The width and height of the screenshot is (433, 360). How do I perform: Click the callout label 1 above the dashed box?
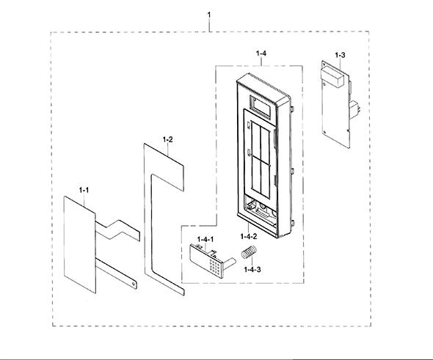pyautogui.click(x=208, y=15)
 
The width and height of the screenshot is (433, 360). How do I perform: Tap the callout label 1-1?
pyautogui.click(x=84, y=190)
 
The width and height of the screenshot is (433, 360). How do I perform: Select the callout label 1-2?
pyautogui.click(x=167, y=139)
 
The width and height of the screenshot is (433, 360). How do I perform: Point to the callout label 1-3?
pyautogui.click(x=340, y=55)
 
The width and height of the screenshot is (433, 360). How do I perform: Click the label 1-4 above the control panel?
pyautogui.click(x=261, y=54)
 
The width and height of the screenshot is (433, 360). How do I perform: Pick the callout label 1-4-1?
pyautogui.click(x=205, y=239)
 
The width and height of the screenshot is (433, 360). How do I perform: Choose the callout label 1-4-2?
pyautogui.click(x=249, y=236)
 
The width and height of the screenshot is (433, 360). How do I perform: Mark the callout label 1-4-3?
pyautogui.click(x=252, y=269)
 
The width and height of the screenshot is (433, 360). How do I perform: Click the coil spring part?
pyautogui.click(x=249, y=251)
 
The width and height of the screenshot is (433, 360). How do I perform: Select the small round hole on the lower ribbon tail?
pyautogui.click(x=134, y=284)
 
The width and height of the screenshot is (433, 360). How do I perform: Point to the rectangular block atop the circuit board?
pyautogui.click(x=332, y=77)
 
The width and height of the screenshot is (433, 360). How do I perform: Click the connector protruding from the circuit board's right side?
pyautogui.click(x=355, y=109)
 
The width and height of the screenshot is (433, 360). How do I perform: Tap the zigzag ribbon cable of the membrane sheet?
pyautogui.click(x=117, y=229)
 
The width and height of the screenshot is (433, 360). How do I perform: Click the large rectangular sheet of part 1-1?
pyautogui.click(x=80, y=244)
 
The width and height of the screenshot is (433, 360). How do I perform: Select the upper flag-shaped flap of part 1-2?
pyautogui.click(x=164, y=166)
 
